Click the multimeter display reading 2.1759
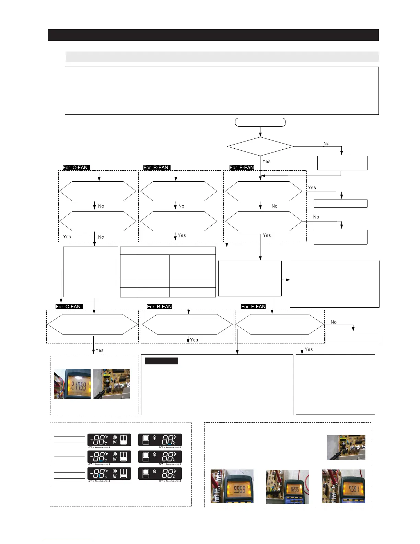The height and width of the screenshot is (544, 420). coord(79,384)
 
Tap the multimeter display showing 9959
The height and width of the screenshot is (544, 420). coord(239,489)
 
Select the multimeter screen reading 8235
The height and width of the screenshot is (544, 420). coord(294,489)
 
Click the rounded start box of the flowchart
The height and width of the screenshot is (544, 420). coord(260,122)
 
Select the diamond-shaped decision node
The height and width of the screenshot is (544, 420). coord(260,147)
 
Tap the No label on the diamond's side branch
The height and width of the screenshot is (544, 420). coord(326,144)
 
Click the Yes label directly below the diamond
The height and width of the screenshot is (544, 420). coord(266,161)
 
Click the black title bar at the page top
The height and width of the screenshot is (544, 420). coord(213,35)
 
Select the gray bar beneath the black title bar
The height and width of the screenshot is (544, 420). coord(222,57)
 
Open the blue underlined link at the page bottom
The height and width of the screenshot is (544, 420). coord(68,541)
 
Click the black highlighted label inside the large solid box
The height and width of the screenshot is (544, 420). coord(161,361)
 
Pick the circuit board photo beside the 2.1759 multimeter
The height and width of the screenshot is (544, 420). coord(112,384)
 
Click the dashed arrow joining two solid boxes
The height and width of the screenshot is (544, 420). coord(286,280)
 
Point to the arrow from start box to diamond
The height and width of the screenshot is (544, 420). coord(260,132)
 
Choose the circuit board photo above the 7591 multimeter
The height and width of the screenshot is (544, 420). coord(346,447)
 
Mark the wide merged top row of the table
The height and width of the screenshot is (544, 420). coord(168,250)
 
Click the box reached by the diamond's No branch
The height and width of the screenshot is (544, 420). coord(342,163)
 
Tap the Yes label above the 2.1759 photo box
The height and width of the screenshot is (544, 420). coord(100,350)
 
